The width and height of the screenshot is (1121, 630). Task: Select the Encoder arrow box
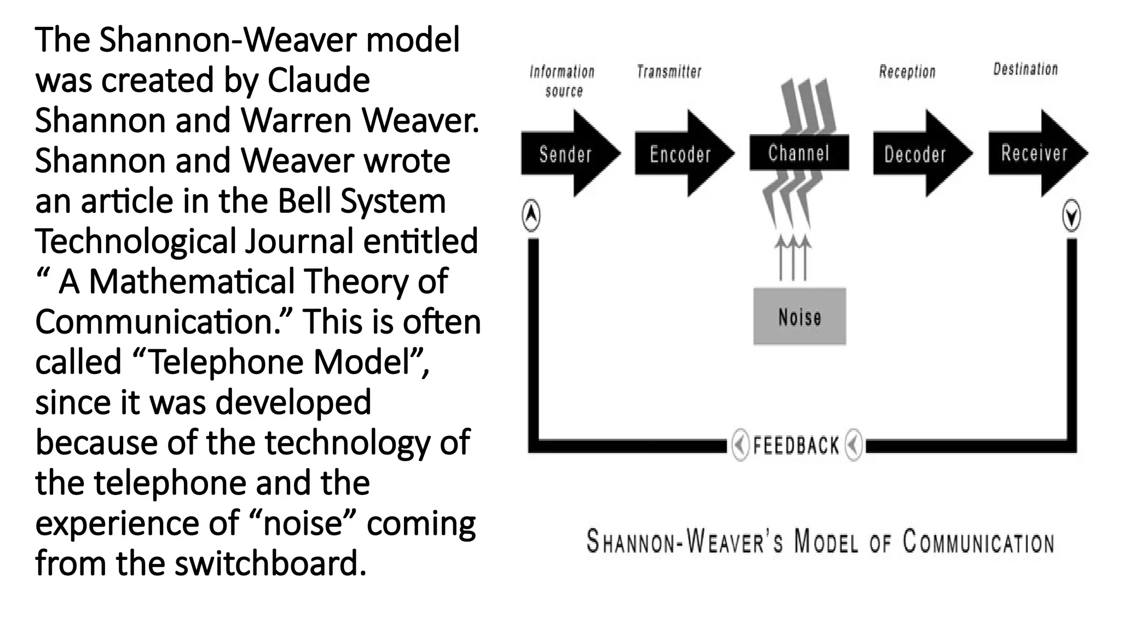pyautogui.click(x=680, y=154)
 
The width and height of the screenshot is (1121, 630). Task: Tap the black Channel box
pyautogui.click(x=799, y=153)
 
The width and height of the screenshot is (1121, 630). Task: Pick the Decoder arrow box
pyautogui.click(x=915, y=154)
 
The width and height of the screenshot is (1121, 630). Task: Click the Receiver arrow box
pyautogui.click(x=1034, y=153)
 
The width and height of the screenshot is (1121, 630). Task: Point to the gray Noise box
pyautogui.click(x=800, y=317)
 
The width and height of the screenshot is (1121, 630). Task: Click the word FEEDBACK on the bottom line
pyautogui.click(x=796, y=446)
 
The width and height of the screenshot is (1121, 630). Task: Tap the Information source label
pyautogui.click(x=562, y=81)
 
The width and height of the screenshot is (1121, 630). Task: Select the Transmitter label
pyautogui.click(x=669, y=72)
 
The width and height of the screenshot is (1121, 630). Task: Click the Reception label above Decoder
pyautogui.click(x=907, y=72)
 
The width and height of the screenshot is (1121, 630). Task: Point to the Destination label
pyautogui.click(x=1025, y=69)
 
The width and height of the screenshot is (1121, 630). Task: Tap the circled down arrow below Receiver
pyautogui.click(x=1071, y=217)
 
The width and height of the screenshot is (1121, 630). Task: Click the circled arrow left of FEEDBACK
pyautogui.click(x=740, y=446)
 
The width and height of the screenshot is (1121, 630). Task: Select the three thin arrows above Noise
pyautogui.click(x=792, y=258)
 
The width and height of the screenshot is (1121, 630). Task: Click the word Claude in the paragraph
pyautogui.click(x=318, y=80)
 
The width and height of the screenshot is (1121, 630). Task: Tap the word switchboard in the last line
pyautogui.click(x=270, y=563)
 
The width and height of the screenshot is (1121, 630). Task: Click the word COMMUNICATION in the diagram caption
pyautogui.click(x=978, y=542)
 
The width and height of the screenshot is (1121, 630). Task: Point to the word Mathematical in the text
pyautogui.click(x=192, y=281)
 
